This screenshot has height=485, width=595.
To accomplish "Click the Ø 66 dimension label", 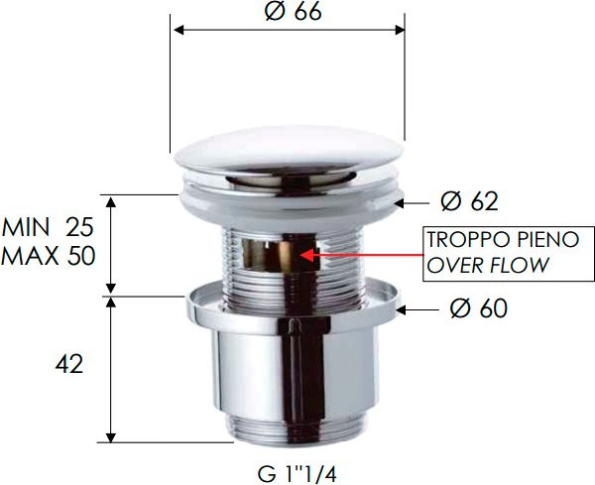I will (x=293, y=12).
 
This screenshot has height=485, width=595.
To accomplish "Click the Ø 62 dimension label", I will (x=468, y=202).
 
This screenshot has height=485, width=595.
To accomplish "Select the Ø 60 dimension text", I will (x=477, y=309).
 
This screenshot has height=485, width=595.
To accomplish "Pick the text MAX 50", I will (x=48, y=257).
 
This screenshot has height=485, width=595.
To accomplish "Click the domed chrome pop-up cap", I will (x=289, y=159).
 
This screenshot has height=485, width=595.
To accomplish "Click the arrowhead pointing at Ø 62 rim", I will (x=401, y=202).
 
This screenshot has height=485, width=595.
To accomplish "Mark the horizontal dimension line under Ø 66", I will (x=289, y=30).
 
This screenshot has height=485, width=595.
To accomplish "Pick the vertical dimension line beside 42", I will (x=112, y=367).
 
